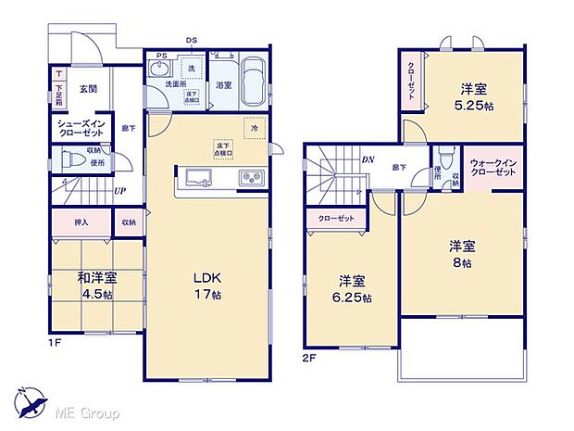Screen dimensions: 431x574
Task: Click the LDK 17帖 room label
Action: coord(206,285)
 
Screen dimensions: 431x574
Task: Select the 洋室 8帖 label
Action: coord(462,254)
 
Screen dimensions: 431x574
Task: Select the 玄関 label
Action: coord(88,89)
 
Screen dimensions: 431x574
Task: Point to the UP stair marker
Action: coord(120,191)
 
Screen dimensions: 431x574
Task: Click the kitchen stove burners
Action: coord(253,178)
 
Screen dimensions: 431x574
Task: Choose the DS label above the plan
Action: coord(192,41)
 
